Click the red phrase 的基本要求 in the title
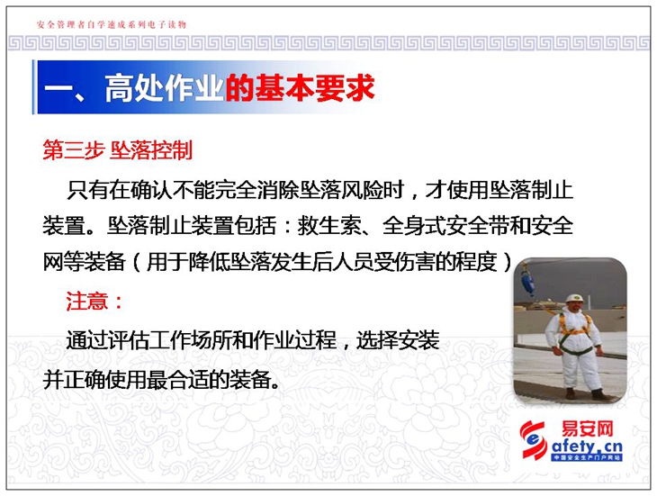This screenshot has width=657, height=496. pos(300,88)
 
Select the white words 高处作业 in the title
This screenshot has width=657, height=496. pos(164,88)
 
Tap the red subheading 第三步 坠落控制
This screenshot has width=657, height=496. pos(117,150)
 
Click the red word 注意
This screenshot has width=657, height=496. pos(86,302)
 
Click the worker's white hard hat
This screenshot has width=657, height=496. pos(574,298)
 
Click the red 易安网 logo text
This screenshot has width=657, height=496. pos(587,429)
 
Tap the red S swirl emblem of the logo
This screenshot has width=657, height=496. pos(534,440)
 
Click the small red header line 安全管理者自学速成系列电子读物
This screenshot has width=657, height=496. pos(111,24)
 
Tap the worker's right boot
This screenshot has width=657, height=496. pos(570,393)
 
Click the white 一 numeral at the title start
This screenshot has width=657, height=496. pos(58,89)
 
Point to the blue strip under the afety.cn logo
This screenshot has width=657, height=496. pos(587,457)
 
